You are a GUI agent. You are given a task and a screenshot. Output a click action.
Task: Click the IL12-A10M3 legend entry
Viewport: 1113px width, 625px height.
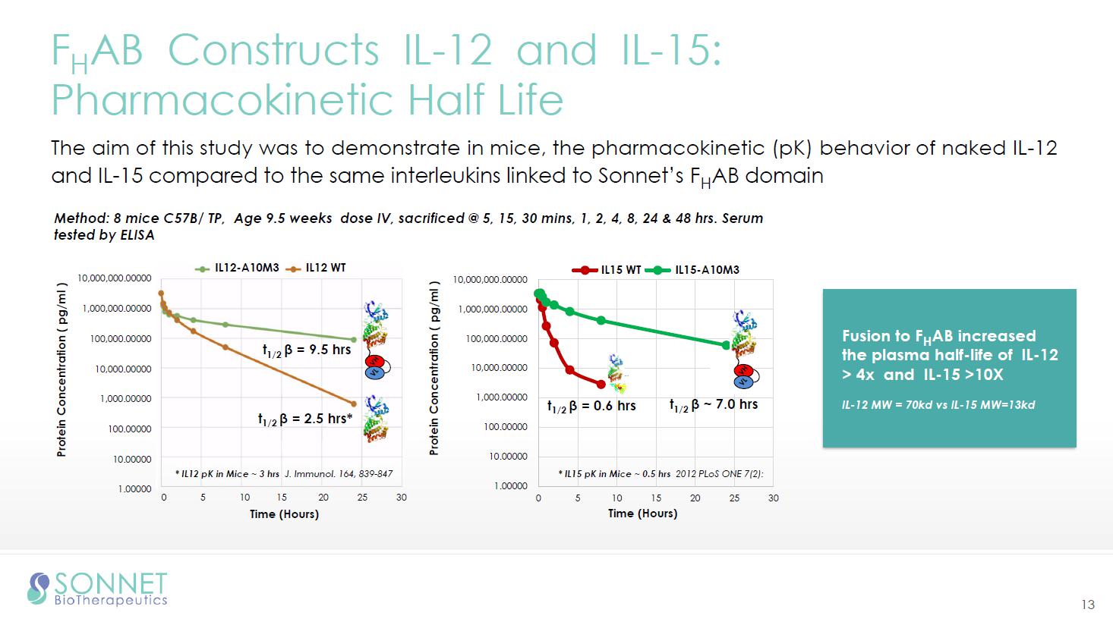click(237, 268)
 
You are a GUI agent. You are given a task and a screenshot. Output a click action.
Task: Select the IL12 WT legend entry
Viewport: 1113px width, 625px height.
click(316, 268)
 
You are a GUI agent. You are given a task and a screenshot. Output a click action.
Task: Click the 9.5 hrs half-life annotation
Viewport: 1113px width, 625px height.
click(307, 350)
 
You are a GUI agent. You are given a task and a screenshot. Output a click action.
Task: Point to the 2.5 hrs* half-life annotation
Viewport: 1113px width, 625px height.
click(304, 419)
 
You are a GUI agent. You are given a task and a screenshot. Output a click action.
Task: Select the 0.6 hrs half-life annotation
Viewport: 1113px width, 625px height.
click(591, 406)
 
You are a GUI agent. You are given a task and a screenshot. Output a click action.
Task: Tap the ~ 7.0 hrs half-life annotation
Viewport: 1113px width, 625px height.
click(714, 404)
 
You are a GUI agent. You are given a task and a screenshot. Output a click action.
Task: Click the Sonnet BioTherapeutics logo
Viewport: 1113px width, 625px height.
click(97, 589)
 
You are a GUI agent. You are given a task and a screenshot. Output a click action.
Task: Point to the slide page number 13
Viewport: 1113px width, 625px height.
click(1088, 605)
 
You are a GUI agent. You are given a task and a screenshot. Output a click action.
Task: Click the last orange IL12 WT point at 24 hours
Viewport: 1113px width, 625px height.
click(354, 404)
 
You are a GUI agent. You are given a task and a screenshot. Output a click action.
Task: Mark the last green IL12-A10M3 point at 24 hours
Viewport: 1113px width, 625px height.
click(354, 340)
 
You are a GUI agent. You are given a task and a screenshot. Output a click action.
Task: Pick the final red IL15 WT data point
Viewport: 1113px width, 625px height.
click(601, 385)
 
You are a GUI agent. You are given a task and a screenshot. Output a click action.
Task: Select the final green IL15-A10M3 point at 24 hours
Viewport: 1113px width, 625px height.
click(726, 345)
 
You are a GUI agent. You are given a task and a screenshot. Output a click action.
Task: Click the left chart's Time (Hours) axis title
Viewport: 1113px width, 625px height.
click(284, 514)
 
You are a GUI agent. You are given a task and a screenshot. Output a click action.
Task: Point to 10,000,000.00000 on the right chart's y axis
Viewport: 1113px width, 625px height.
click(490, 280)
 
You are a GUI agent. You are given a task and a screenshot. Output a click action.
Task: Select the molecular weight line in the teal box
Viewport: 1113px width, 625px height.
click(938, 405)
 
